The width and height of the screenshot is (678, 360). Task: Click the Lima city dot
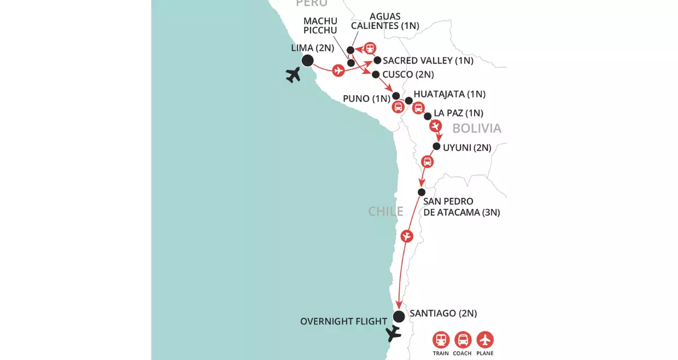click(307, 61)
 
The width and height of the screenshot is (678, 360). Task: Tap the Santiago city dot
click(399, 316)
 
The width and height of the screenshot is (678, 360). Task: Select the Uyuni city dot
click(436, 146)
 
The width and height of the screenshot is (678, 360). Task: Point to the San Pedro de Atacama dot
click(421, 192)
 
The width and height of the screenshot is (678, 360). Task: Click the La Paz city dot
click(427, 116)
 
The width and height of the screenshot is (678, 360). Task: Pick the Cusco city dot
click(376, 74)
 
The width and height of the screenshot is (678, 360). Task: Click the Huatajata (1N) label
click(449, 94)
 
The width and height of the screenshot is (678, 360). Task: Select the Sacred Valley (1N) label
click(428, 61)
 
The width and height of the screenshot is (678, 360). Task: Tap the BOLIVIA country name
click(476, 128)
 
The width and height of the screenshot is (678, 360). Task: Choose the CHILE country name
click(385, 211)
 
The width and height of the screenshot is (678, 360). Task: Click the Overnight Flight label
click(343, 321)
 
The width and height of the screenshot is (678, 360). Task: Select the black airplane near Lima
click(294, 74)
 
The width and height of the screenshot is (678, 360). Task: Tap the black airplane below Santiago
click(393, 333)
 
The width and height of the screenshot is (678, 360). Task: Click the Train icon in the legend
click(441, 340)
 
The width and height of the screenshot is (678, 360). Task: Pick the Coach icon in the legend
click(463, 340)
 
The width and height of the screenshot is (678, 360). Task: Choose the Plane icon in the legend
click(484, 340)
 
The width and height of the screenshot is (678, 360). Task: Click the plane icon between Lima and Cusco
click(338, 70)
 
